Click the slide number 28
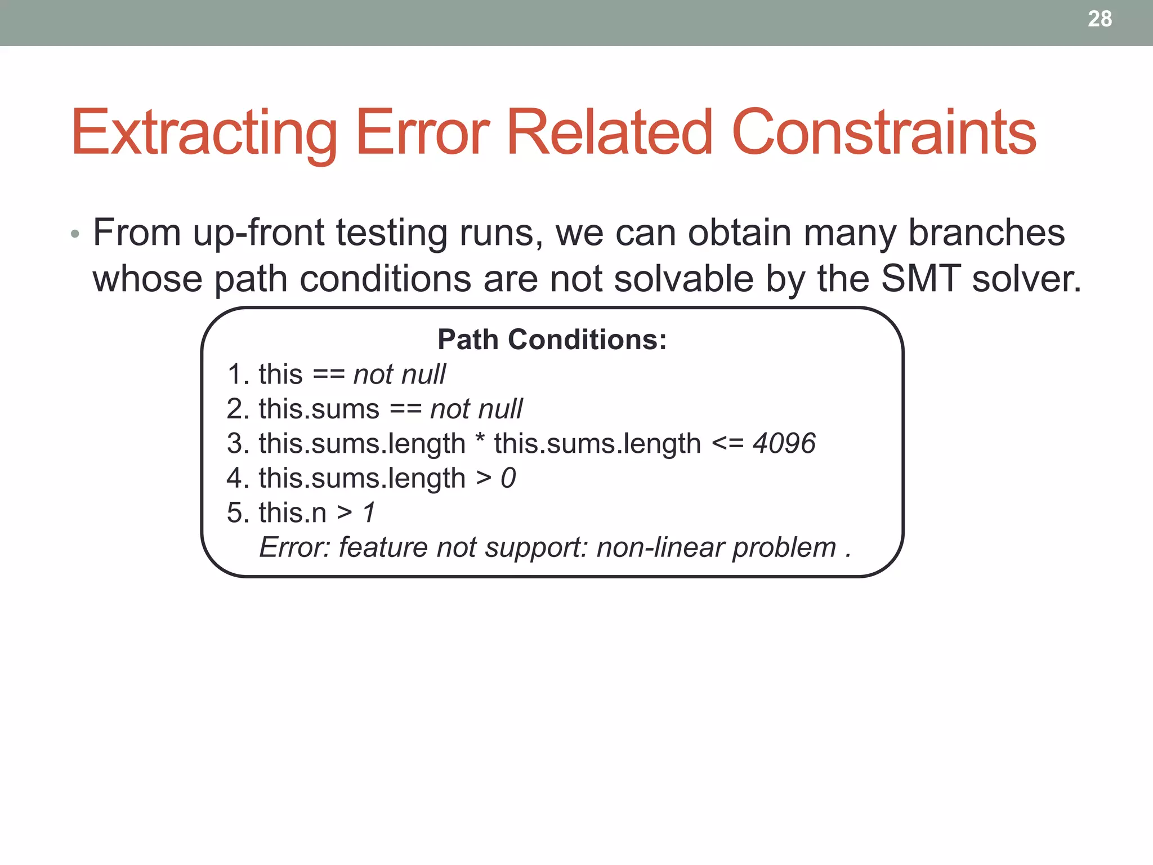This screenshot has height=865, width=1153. tap(1100, 19)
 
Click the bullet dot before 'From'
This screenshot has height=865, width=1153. tap(75, 234)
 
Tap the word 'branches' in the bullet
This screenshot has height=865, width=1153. tap(986, 233)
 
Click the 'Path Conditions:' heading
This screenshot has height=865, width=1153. tap(552, 340)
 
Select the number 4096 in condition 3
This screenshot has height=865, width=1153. tap(784, 443)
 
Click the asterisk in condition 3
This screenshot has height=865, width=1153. tap(480, 439)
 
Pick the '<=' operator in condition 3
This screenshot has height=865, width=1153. tap(727, 443)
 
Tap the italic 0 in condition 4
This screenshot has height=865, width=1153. tap(508, 478)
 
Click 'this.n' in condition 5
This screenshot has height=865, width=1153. tap(292, 512)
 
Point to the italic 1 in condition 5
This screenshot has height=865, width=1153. tap(369, 512)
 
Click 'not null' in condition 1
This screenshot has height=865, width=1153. tap(399, 374)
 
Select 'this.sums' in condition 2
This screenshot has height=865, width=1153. tap(319, 409)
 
